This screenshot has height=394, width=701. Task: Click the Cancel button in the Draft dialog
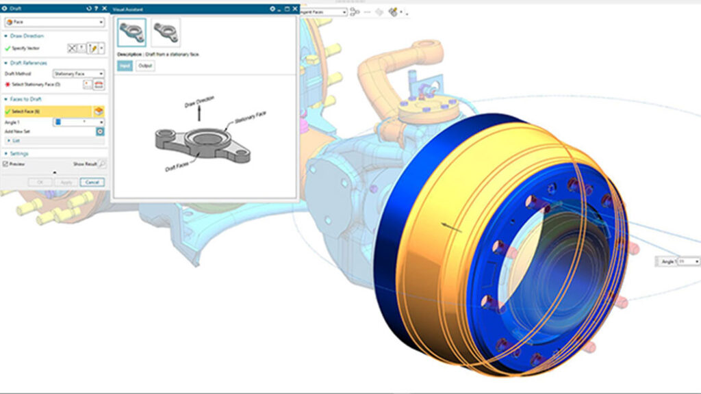[91, 182]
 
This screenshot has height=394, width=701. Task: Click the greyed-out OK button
[39, 182]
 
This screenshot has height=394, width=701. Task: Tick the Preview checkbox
[5, 164]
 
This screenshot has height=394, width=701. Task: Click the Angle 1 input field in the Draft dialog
[77, 122]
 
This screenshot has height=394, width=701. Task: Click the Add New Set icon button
[100, 131]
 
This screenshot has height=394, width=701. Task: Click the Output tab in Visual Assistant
[145, 66]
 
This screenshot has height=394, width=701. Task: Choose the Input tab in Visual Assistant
[125, 66]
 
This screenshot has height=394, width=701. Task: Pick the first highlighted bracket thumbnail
[131, 32]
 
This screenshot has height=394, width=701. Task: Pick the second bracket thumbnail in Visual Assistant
[165, 32]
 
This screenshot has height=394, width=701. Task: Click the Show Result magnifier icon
[102, 164]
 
